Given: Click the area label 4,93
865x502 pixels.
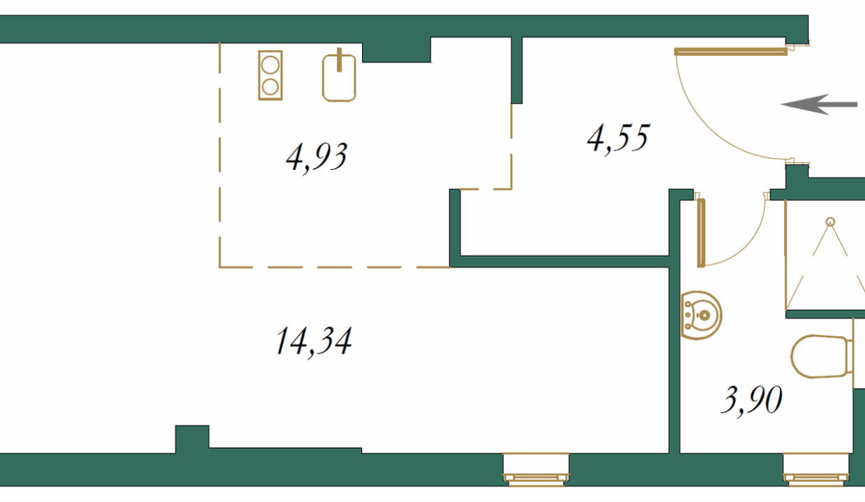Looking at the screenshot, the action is pyautogui.click(x=317, y=158).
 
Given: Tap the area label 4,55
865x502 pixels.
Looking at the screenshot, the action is pyautogui.click(x=619, y=139).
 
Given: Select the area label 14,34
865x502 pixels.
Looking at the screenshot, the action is pyautogui.click(x=313, y=342).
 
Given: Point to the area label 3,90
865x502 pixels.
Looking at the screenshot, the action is pyautogui.click(x=751, y=400).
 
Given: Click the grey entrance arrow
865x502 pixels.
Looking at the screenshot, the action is pyautogui.click(x=819, y=104).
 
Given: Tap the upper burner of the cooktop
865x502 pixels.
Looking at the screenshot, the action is pyautogui.click(x=270, y=64).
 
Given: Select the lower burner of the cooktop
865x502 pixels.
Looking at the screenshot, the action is pyautogui.click(x=270, y=87).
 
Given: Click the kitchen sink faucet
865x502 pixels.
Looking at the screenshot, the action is pyautogui.click(x=339, y=60).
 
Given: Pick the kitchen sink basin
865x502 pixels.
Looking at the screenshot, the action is pyautogui.click(x=339, y=78).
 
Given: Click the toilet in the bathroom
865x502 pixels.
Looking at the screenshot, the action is pyautogui.click(x=822, y=356).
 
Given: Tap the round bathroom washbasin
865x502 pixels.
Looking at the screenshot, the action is pyautogui.click(x=701, y=316).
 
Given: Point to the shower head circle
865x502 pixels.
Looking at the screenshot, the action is pyautogui.click(x=830, y=222).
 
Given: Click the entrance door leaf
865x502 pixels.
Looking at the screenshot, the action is pyautogui.click(x=731, y=52).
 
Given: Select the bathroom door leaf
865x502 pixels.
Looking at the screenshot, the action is pyautogui.click(x=701, y=233).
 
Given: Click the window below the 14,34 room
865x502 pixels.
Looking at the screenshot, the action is pyautogui.click(x=536, y=469).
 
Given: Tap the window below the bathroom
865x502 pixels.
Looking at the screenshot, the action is pyautogui.click(x=816, y=469).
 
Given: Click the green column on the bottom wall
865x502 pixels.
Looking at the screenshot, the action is pyautogui.click(x=193, y=439).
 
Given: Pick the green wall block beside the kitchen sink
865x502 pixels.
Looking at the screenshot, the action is pyautogui.click(x=397, y=50).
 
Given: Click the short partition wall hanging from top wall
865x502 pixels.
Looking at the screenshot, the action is pyautogui.click(x=517, y=70).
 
